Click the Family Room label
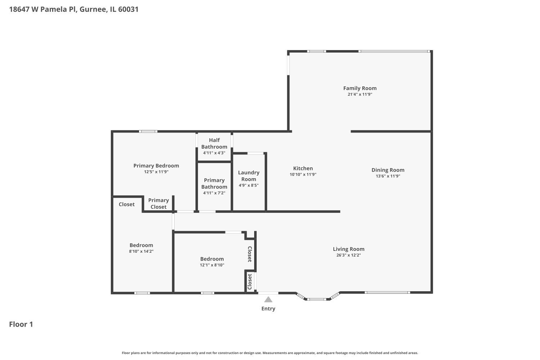point(360,88)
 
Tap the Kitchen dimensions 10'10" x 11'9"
point(303,174)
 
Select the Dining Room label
point(388,170)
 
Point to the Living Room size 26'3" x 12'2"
point(348,255)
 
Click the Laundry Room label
point(248,176)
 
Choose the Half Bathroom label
point(214,144)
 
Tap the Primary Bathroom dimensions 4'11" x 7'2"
point(214,193)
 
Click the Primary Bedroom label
point(156,166)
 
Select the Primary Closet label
point(158,203)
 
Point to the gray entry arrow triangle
point(268,300)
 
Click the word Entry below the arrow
point(268,309)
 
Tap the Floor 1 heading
point(21,324)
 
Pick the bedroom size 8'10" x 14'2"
point(141,251)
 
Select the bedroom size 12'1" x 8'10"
point(212,265)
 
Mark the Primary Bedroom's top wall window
point(148,131)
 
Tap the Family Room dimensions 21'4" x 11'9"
point(360,94)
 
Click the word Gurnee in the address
point(93,9)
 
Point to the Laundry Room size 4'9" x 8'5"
point(248,185)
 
